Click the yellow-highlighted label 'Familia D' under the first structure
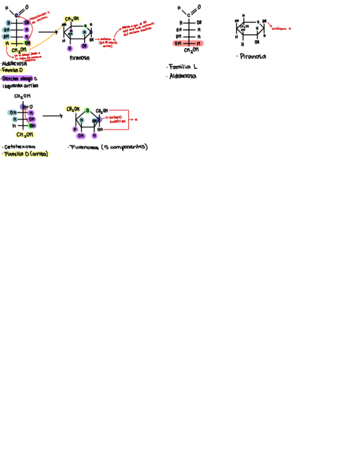13,70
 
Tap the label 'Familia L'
182,66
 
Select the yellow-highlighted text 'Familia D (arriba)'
25,154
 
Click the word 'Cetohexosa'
19,147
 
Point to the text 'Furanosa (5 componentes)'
108,147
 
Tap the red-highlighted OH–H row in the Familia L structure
188,43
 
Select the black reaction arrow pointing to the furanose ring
52,116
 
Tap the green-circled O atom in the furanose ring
87,110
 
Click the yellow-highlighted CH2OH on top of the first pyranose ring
71,19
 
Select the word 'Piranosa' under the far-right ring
253,56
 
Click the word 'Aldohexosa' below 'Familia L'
183,76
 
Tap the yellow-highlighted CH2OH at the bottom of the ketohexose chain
24,134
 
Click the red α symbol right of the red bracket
135,119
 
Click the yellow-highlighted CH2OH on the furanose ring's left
73,109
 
